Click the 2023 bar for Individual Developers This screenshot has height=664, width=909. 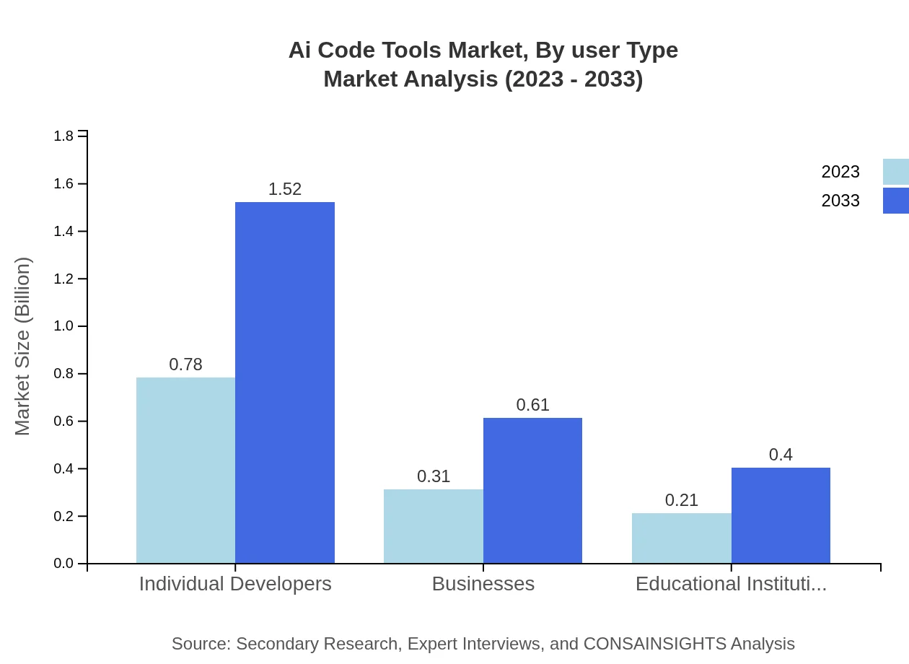pyautogui.click(x=185, y=470)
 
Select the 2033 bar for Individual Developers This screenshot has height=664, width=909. pyautogui.click(x=285, y=383)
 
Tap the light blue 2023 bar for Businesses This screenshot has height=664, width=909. pyautogui.click(x=433, y=526)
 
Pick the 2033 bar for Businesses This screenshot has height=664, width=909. pyautogui.click(x=532, y=491)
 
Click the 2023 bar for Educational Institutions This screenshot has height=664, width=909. pyautogui.click(x=681, y=538)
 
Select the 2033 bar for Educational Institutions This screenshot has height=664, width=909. pyautogui.click(x=781, y=515)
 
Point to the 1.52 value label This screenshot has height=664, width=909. pyautogui.click(x=285, y=189)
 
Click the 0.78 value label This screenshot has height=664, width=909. pyautogui.click(x=185, y=364)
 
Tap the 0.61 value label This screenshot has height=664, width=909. pyautogui.click(x=532, y=405)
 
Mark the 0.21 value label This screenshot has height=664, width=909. pyautogui.click(x=681, y=500)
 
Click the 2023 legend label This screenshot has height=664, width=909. pyautogui.click(x=840, y=172)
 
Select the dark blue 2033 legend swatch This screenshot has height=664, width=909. pyautogui.click(x=896, y=201)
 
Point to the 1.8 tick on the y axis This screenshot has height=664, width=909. pyautogui.click(x=64, y=136)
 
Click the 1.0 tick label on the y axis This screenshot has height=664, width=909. pyautogui.click(x=64, y=326)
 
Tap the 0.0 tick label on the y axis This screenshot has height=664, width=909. pyautogui.click(x=64, y=564)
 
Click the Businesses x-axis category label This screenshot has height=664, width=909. pyautogui.click(x=483, y=584)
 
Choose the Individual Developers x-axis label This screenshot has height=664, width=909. pyautogui.click(x=235, y=584)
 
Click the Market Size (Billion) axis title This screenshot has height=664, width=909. pyautogui.click(x=23, y=346)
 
